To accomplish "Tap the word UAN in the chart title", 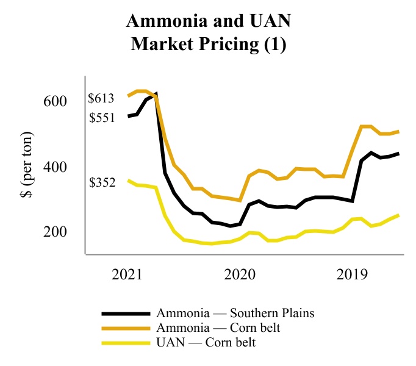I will [x=267, y=23].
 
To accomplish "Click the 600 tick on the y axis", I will [x=55, y=101].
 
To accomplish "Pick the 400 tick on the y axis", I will [x=55, y=167].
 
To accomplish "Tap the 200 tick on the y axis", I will [x=55, y=232].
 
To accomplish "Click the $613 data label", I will [x=101, y=98].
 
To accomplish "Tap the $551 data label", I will [x=101, y=118].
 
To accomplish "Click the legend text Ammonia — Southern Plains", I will [x=235, y=314].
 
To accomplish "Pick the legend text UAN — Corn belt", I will [x=206, y=343].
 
